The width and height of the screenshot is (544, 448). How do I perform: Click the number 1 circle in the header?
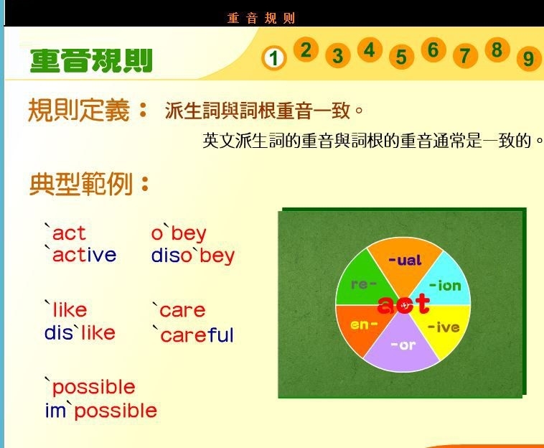pyautogui.click(x=274, y=58)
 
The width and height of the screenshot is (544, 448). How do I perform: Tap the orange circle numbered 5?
pyautogui.click(x=401, y=57)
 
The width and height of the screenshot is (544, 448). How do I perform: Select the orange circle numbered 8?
pyautogui.click(x=497, y=50)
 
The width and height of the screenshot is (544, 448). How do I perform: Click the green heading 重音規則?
pyautogui.click(x=91, y=61)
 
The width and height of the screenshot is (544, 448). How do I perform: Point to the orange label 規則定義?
pyautogui.click(x=79, y=111)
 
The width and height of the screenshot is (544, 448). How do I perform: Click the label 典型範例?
pyautogui.click(x=81, y=184)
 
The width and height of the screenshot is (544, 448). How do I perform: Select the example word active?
pyautogui.click(x=81, y=255)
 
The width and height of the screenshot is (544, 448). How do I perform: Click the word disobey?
pyautogui.click(x=193, y=257)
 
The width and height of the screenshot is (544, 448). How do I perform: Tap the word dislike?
pyautogui.click(x=80, y=332)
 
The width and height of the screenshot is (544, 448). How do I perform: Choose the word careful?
pyautogui.click(x=194, y=335)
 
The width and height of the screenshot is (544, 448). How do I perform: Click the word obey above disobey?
pyautogui.click(x=179, y=233)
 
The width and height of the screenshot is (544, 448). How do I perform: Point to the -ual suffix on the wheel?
pyautogui.click(x=405, y=261)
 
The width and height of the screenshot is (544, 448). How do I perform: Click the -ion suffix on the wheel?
pyautogui.click(x=445, y=286)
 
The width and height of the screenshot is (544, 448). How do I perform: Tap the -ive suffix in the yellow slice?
pyautogui.click(x=444, y=327)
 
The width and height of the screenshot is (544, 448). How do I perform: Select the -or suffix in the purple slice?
pyautogui.click(x=403, y=345)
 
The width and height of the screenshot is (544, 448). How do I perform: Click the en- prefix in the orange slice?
pyautogui.click(x=365, y=325)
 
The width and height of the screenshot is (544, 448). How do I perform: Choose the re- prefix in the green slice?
pyautogui.click(x=364, y=284)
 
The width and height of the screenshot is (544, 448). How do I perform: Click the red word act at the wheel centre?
pyautogui.click(x=403, y=304)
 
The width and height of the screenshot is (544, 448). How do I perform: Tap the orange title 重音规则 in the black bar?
pyautogui.click(x=261, y=18)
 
